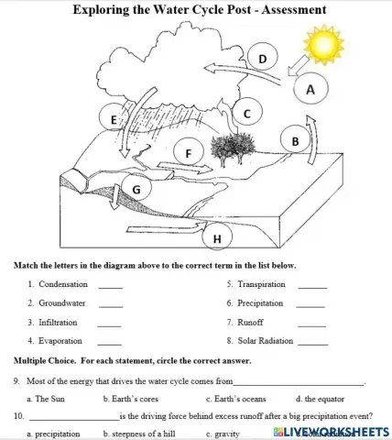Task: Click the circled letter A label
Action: (x=310, y=90)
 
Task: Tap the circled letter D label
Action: (x=263, y=60)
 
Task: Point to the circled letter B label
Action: (x=295, y=142)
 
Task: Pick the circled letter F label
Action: (x=189, y=153)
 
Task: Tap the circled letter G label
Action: (x=136, y=190)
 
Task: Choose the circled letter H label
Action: (x=217, y=239)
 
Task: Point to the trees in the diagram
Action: (x=228, y=148)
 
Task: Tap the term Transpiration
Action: (x=261, y=285)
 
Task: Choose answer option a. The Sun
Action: (x=46, y=399)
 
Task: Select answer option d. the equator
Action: (x=320, y=399)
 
